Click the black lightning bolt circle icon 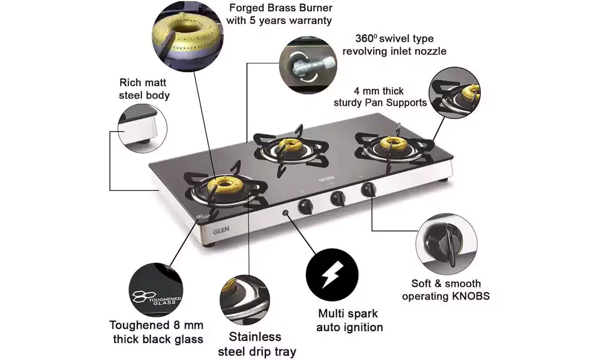click(x=332, y=275)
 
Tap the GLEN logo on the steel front click(x=221, y=230)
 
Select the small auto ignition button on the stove click(x=286, y=213)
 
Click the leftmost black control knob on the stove click(x=305, y=206)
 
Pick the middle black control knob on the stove click(x=337, y=198)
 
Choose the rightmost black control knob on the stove click(x=368, y=190)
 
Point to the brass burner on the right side click(x=391, y=143)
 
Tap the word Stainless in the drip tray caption click(x=255, y=337)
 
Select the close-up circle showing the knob click(x=446, y=244)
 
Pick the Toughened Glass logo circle click(x=156, y=290)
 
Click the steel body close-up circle click(x=142, y=128)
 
